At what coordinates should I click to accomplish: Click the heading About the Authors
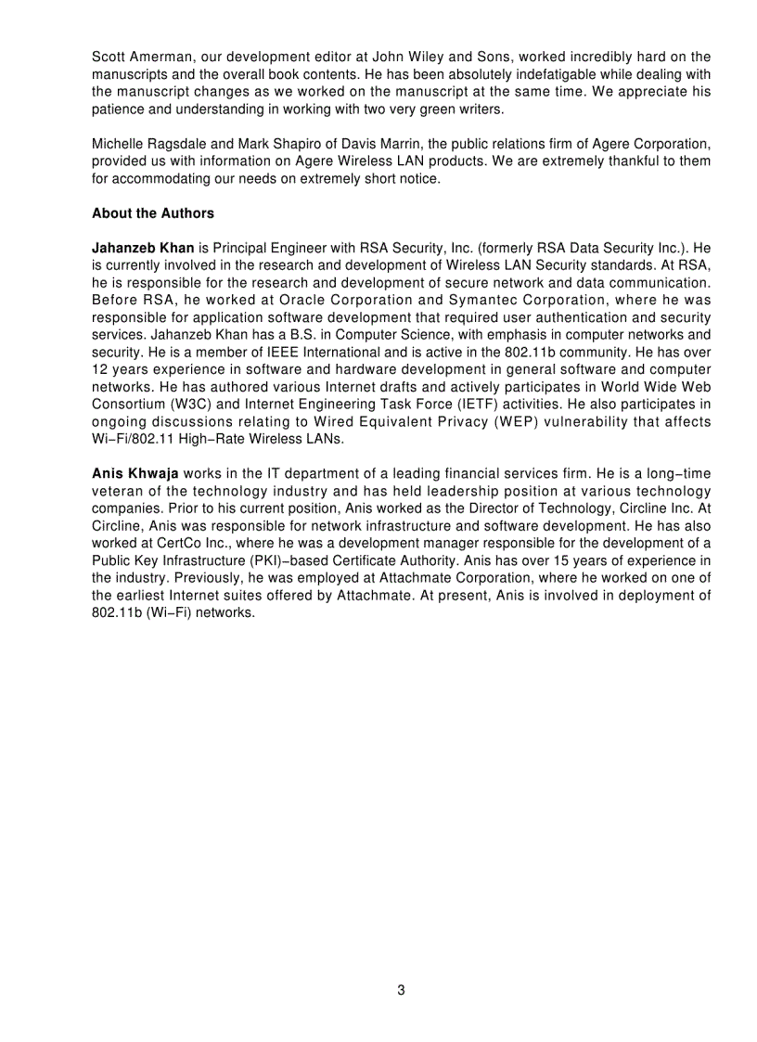pos(152,213)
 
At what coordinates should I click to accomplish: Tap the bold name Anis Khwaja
pos(135,473)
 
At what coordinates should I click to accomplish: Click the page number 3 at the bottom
pos(401,989)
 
